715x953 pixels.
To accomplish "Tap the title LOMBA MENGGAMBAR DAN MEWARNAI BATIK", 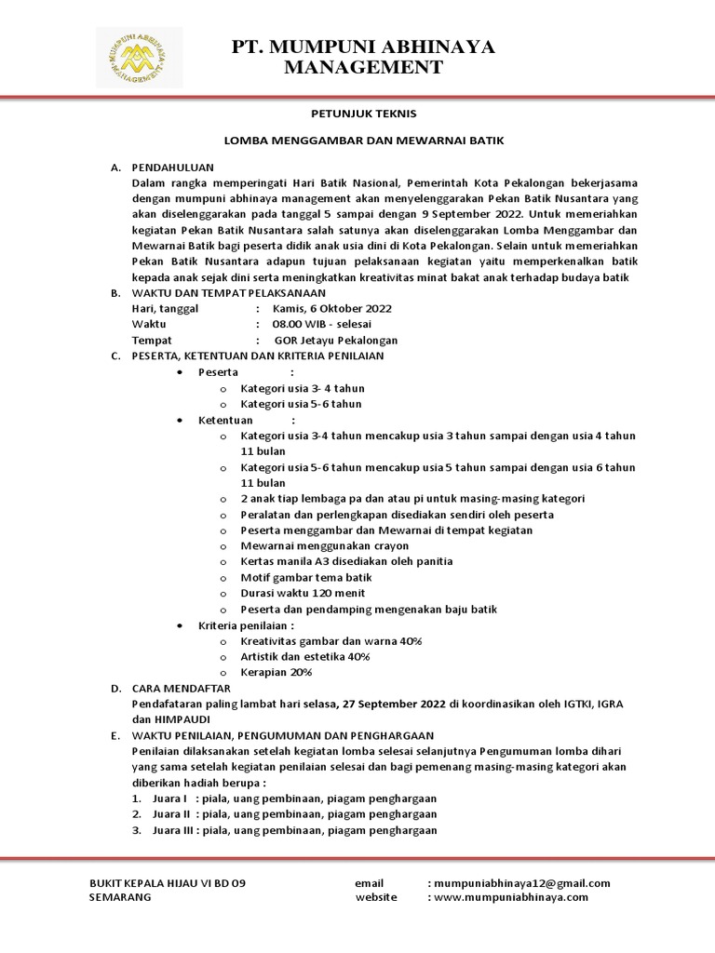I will [x=363, y=141].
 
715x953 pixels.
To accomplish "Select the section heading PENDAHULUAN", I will [x=173, y=167].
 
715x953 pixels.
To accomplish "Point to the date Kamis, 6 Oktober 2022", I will [x=332, y=308].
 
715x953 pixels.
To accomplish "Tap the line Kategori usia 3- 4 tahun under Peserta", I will [x=303, y=387].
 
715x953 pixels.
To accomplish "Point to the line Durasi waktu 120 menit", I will [x=303, y=593].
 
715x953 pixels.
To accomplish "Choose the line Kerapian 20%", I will [x=277, y=672].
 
